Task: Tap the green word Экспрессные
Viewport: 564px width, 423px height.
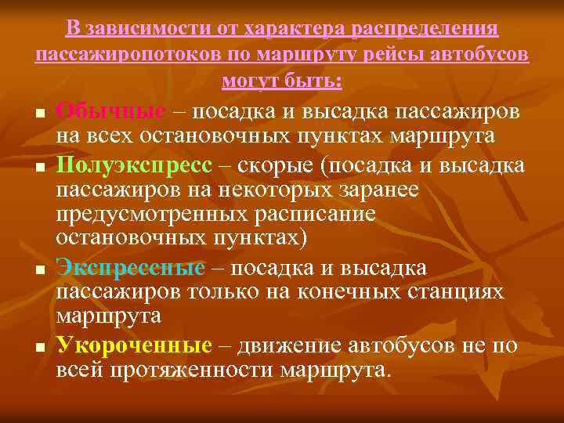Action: (130, 268)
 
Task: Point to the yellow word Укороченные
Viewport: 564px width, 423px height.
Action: (134, 345)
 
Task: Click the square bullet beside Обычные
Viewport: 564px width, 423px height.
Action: (38, 114)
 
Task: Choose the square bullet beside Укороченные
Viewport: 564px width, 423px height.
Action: (38, 346)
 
